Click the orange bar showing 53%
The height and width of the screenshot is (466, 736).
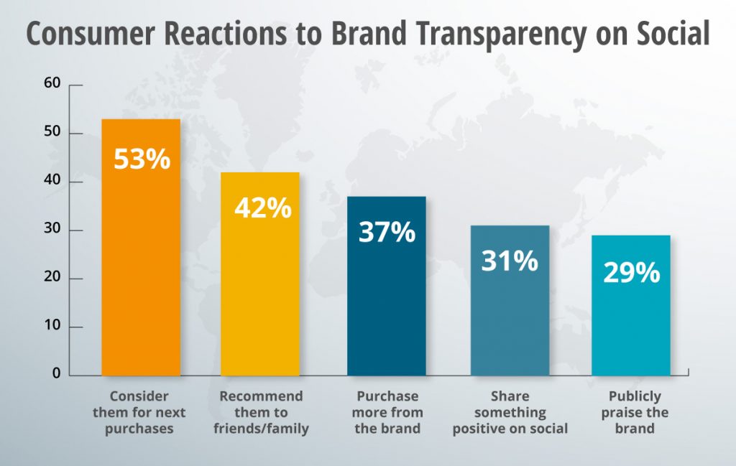pos(141,273)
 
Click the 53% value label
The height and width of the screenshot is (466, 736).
pos(142,159)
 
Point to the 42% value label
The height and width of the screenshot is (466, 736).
pos(262,208)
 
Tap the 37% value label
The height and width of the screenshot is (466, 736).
pos(387,232)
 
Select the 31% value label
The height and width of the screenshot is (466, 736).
pos(510,261)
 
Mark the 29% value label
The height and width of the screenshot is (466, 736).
pos(631,272)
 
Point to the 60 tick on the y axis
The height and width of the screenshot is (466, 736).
pos(52,85)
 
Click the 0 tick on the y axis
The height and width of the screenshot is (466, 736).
pos(57,375)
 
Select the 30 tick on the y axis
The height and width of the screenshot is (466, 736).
pos(52,230)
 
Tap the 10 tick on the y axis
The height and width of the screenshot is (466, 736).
pos(52,327)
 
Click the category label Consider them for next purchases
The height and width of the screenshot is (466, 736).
pos(139,412)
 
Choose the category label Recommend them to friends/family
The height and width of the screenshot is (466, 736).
pos(261,412)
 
